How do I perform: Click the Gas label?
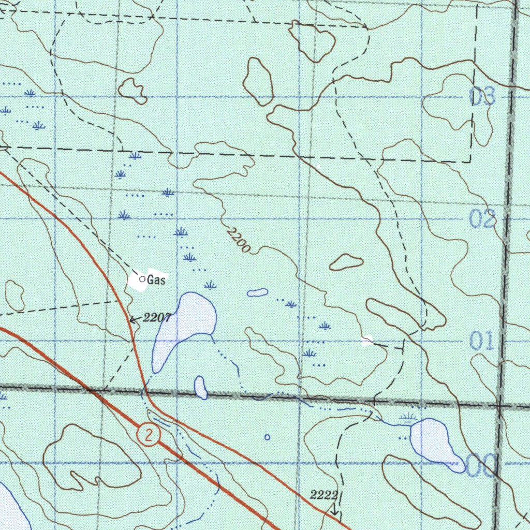(156, 280)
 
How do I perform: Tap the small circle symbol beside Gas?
(142, 279)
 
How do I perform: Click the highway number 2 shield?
(149, 435)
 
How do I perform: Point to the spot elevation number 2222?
(324, 495)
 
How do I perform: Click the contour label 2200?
(239, 241)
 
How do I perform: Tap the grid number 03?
(482, 97)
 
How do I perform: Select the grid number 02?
(482, 220)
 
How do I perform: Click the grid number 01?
(482, 342)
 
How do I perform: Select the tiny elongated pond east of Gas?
(257, 292)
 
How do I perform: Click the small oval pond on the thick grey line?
(200, 387)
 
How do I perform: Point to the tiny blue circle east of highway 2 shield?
(267, 437)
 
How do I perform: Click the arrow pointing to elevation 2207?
(134, 319)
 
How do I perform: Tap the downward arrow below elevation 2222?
(334, 510)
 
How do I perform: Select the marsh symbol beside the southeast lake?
(409, 417)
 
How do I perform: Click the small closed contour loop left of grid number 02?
(346, 262)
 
